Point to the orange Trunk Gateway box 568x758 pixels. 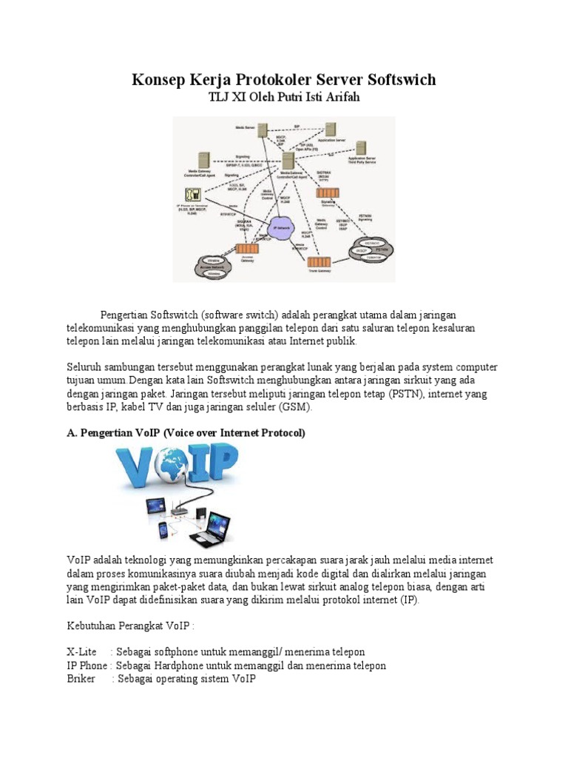pos(319,262)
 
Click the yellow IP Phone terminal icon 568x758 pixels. pos(192,195)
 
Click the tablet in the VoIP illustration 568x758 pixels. pos(155,506)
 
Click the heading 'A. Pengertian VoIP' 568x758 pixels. pos(185,433)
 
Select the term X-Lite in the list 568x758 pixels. pos(81,651)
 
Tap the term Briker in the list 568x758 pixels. pos(81,678)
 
